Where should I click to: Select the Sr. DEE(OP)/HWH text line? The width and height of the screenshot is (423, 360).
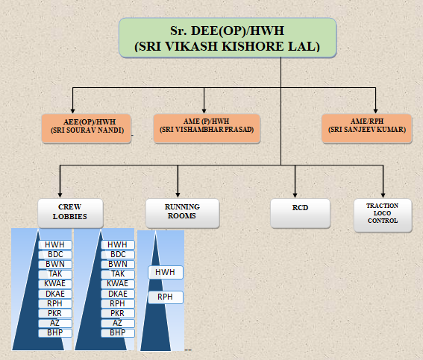pos(227,31)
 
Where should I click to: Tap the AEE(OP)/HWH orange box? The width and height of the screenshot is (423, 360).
pos(87,128)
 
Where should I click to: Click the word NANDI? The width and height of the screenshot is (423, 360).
pos(110,130)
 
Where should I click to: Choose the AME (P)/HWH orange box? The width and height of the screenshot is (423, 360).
pos(207,128)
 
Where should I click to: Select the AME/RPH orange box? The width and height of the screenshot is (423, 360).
pos(367,128)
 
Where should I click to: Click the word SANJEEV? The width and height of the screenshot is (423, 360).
pos(360,130)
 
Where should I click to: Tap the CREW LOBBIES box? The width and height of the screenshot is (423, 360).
pos(70,213)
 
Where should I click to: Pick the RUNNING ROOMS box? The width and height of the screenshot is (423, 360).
pos(183,213)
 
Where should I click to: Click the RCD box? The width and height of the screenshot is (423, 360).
pos(300,213)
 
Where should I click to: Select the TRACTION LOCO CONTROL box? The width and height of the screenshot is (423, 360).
pos(383,215)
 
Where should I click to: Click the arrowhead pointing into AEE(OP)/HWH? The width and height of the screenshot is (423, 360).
pos(72,111)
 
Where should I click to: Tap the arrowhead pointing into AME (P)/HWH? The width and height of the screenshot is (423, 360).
pos(204,111)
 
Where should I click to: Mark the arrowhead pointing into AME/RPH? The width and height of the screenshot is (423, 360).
pos(375,111)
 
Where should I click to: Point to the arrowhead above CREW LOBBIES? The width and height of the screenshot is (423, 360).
pos(60,195)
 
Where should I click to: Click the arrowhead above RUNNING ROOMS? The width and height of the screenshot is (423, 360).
pos(178,195)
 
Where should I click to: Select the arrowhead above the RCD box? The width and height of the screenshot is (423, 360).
pos(295,195)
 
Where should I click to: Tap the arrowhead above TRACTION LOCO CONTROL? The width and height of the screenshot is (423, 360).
pos(383,195)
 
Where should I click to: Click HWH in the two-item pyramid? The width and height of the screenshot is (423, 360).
pos(165,272)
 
